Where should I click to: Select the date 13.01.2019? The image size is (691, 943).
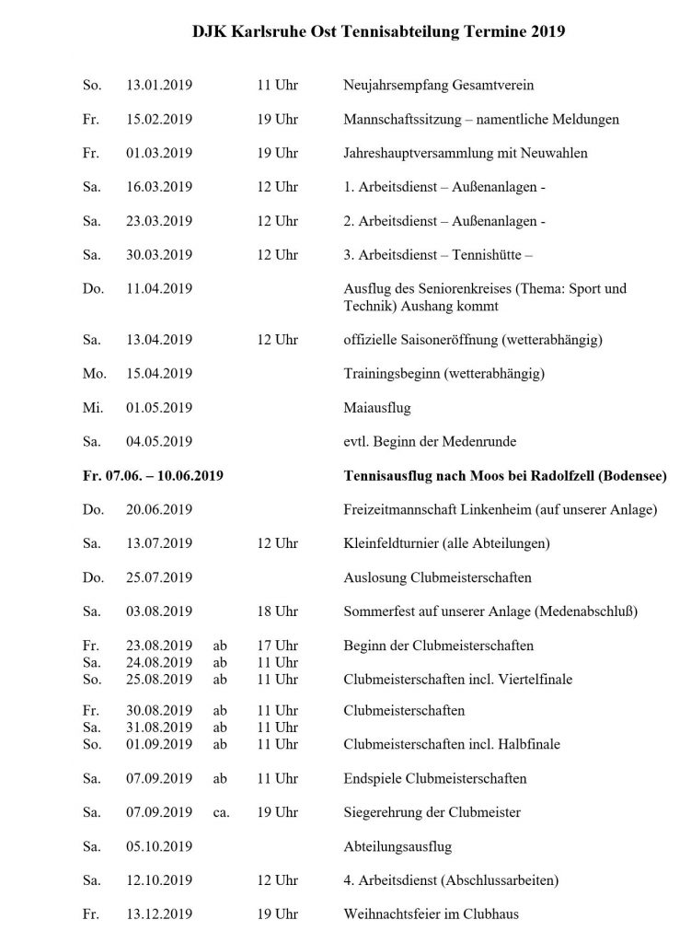pyautogui.click(x=159, y=86)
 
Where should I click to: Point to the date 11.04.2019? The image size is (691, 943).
pyautogui.click(x=159, y=288)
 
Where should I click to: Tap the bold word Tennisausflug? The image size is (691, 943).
pyautogui.click(x=387, y=476)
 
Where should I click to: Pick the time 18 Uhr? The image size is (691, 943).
pyautogui.click(x=277, y=611)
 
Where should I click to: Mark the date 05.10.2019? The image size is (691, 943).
pyautogui.click(x=159, y=846)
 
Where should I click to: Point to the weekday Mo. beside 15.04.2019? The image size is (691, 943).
pyautogui.click(x=93, y=374)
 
